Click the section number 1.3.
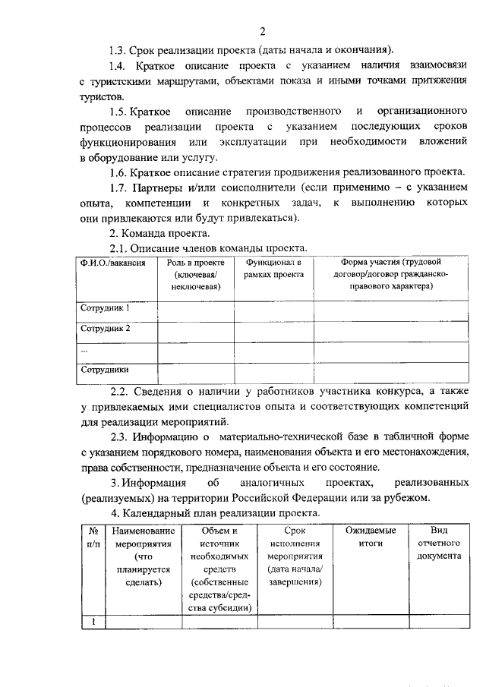point(118,50)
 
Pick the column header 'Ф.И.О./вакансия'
point(112,262)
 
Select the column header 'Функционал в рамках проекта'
point(273,268)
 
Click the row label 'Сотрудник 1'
point(106,308)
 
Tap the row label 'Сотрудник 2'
point(106,329)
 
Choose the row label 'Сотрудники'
point(105,370)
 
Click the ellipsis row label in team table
point(84,350)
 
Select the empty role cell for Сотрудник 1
point(195,310)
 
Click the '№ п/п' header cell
point(93,537)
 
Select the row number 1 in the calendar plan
point(93,622)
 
